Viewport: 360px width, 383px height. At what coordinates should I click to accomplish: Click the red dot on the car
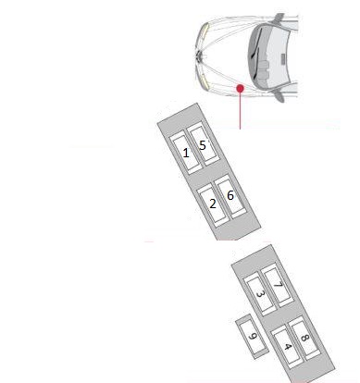240,89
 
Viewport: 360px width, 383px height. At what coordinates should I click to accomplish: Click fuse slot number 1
186,152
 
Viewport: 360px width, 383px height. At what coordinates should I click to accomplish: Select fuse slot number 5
203,144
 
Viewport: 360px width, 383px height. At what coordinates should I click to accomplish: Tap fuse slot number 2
213,205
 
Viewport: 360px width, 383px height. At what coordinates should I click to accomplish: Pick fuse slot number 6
230,196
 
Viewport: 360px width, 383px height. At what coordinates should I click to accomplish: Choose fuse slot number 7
278,285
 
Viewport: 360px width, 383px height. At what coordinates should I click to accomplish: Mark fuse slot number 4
287,347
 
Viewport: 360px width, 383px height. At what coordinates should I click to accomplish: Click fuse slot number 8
304,338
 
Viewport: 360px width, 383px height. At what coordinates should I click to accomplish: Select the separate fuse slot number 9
252,337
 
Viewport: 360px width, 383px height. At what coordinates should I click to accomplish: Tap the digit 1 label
186,153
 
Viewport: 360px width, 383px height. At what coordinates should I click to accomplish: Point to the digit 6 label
230,195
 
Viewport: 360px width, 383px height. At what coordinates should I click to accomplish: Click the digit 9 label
253,336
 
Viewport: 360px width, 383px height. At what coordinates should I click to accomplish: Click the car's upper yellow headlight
205,32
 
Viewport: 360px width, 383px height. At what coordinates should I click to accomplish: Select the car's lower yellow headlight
205,80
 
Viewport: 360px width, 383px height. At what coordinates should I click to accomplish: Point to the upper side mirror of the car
279,18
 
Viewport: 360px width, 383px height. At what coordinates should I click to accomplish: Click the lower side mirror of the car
279,96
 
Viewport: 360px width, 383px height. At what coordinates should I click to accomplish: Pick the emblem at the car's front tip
199,56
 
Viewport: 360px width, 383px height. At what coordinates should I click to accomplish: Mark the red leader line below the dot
240,110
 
